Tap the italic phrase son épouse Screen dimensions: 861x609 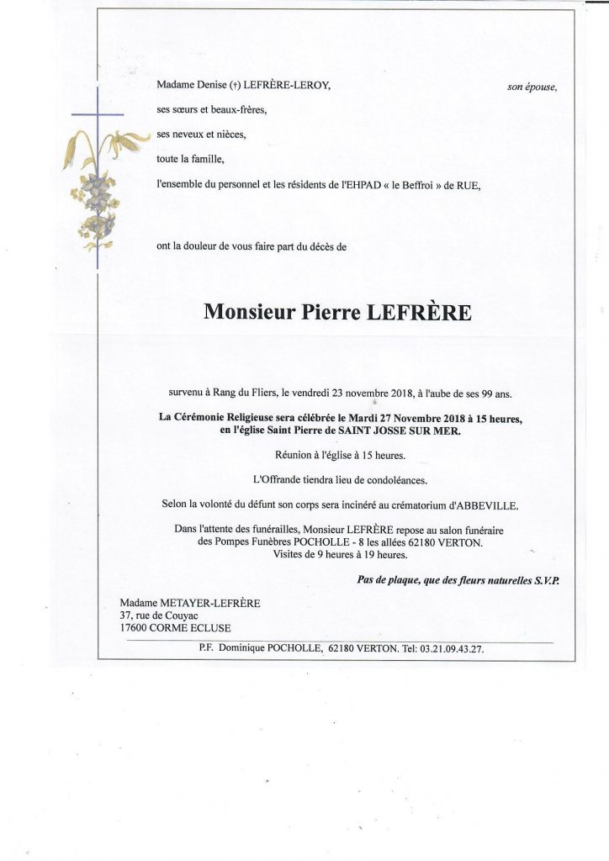click(x=532, y=86)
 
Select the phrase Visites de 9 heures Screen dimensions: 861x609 click(x=321, y=556)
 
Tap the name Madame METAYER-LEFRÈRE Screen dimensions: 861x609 click(x=178, y=602)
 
